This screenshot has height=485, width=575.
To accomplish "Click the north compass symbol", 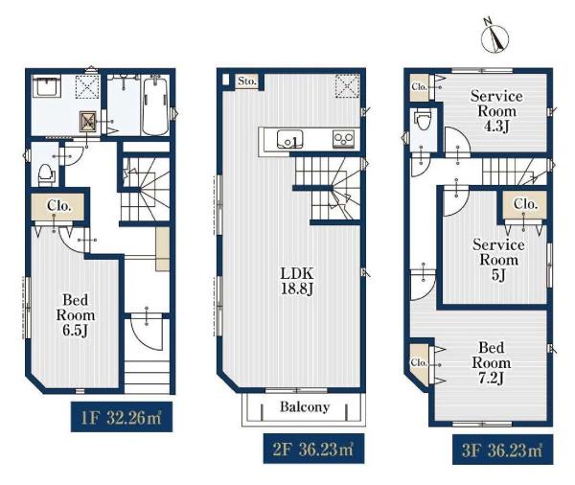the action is click(494, 36).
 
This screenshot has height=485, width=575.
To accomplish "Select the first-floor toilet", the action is click(45, 175).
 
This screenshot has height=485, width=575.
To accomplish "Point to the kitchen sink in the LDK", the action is click(289, 139).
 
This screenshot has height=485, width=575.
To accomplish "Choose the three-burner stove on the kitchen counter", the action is click(344, 139).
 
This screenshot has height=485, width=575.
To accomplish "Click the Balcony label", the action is click(305, 406).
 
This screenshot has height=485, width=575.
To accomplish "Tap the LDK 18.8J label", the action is click(297, 281).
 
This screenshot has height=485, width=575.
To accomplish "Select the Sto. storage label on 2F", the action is click(246, 81).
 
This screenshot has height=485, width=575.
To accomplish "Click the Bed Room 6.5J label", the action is click(75, 314).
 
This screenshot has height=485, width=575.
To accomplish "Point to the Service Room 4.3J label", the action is click(496, 111).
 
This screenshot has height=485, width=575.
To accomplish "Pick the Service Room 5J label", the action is click(498, 260).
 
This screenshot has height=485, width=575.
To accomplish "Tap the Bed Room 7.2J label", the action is click(491, 362).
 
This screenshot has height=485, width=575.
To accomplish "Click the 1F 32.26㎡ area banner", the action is click(122, 417).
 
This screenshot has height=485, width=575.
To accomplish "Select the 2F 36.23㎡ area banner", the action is click(313, 449).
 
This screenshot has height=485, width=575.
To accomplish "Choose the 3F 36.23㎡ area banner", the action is click(502, 450).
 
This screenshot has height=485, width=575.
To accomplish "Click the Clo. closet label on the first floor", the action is click(58, 206).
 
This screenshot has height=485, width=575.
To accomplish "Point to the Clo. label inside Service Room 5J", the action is click(525, 203).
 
